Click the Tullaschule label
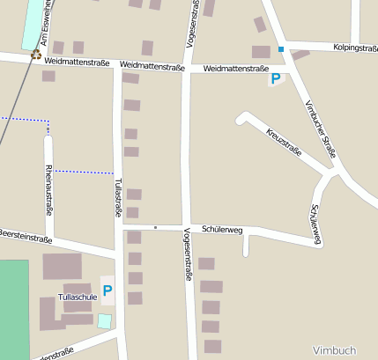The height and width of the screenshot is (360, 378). tap(78, 298)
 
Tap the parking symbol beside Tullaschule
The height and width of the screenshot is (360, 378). tap(107, 290)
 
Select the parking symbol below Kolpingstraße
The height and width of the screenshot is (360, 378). tap(276, 79)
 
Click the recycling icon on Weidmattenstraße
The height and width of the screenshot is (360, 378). tap(36, 55)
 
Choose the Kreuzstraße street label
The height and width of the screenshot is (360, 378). tap(284, 142)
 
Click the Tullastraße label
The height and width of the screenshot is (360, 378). tap(117, 196)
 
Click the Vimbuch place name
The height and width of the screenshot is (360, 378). tap(334, 349)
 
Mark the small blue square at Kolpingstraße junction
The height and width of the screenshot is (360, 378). tap(281, 49)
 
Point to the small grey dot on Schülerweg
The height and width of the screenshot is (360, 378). tap(155, 228)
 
